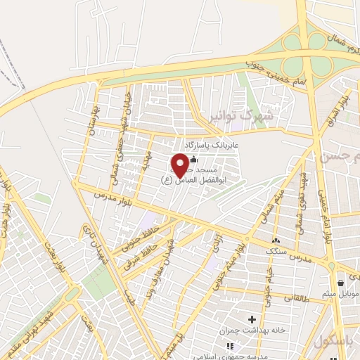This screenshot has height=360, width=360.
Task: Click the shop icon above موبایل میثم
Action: tap(341, 283)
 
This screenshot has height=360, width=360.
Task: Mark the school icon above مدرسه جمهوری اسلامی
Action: tap(229, 345)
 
